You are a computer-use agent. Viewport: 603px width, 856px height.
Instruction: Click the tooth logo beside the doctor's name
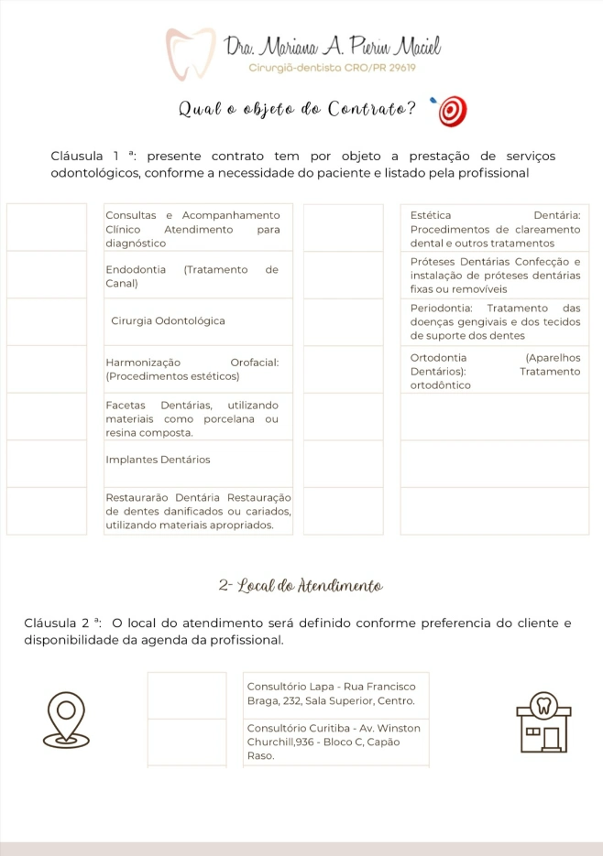[190, 54]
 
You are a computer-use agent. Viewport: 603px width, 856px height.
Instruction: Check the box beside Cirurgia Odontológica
[47, 321]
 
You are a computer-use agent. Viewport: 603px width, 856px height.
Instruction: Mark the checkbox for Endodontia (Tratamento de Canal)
[47, 275]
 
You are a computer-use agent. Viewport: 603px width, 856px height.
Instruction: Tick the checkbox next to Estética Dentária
[343, 227]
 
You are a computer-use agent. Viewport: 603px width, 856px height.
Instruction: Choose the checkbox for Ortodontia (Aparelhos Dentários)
[343, 369]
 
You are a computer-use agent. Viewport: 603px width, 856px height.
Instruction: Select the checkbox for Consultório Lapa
[187, 695]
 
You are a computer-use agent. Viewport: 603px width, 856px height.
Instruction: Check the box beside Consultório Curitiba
[187, 742]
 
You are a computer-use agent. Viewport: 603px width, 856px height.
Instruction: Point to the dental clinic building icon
[543, 724]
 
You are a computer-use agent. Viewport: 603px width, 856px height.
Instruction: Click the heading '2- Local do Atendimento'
[301, 585]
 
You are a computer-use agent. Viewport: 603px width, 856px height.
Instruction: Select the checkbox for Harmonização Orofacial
[47, 369]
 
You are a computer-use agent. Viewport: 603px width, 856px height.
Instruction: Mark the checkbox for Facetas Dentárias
[47, 417]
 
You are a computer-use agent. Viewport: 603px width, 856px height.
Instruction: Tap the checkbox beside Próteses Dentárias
[343, 275]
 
